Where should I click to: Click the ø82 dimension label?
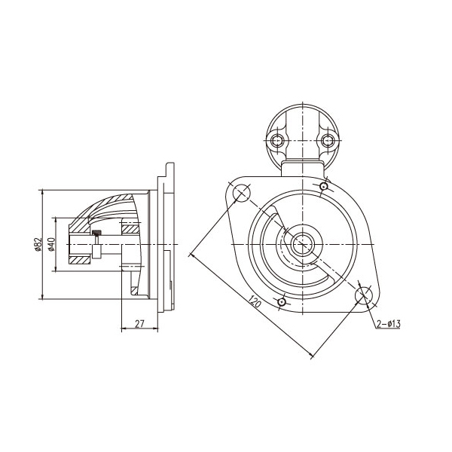click(38, 244)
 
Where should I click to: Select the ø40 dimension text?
click(51, 244)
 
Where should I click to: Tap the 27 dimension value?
click(139, 324)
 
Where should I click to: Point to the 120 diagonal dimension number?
click(255, 301)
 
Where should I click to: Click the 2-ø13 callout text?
click(388, 324)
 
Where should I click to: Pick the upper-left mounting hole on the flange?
click(241, 193)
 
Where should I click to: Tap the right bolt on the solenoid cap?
click(327, 141)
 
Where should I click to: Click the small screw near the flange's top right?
click(324, 187)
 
